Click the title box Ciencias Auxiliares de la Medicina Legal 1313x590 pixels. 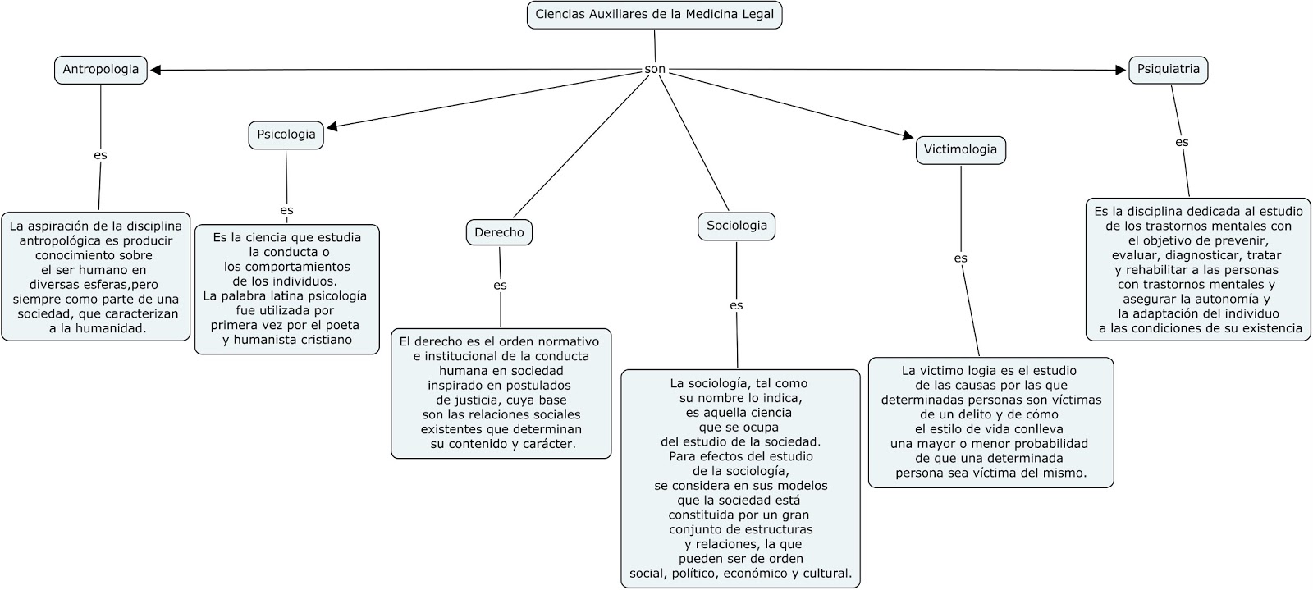(x=654, y=15)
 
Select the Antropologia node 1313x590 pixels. (x=101, y=70)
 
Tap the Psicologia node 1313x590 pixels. (x=286, y=135)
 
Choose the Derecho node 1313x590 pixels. (x=499, y=232)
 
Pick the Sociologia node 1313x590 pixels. (x=736, y=226)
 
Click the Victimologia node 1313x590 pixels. (x=960, y=149)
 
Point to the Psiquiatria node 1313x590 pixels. (x=1168, y=70)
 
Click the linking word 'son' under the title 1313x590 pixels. (x=655, y=70)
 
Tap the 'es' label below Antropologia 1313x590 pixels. (x=100, y=154)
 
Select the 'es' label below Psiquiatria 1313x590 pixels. (x=1182, y=142)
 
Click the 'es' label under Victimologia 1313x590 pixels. (x=960, y=258)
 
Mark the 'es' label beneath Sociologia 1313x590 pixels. (x=736, y=305)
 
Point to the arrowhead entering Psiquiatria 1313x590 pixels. (x=1121, y=71)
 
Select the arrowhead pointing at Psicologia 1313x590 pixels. (x=332, y=127)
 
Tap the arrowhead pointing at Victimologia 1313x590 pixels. (x=907, y=136)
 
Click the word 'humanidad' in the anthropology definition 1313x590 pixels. (x=115, y=328)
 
